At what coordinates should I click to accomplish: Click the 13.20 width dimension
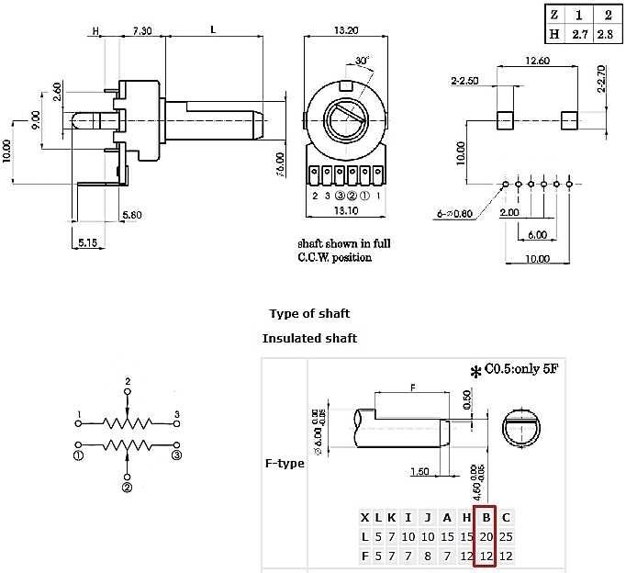point(345,29)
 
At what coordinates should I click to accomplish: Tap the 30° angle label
point(364,61)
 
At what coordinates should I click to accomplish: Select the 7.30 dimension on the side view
point(141,29)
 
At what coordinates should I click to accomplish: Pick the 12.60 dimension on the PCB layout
point(537,62)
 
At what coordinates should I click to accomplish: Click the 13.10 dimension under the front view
point(347,209)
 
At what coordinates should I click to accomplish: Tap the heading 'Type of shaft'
point(309,314)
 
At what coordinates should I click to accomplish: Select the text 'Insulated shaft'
point(309,338)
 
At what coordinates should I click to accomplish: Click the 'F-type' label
point(284,464)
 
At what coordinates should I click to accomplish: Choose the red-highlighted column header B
point(485,517)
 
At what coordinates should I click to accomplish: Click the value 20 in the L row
point(485,536)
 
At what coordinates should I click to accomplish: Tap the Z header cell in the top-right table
point(554,15)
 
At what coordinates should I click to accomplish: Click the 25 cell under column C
point(506,536)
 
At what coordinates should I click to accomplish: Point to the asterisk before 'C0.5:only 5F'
point(475,372)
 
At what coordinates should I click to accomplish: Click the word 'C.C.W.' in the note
point(317,258)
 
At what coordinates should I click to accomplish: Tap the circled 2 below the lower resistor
point(128,488)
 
